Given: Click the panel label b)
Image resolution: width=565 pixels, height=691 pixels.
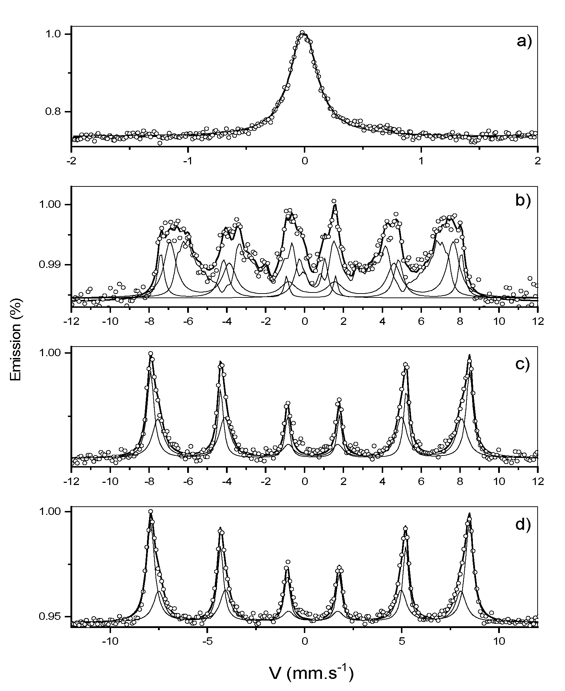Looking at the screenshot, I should pos(523,201).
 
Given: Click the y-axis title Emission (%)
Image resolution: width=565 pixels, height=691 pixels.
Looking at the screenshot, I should pos(16,339).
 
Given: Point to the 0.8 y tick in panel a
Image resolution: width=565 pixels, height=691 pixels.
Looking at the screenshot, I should pos(53,112).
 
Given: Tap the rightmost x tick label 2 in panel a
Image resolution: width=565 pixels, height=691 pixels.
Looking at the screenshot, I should pos(538,160).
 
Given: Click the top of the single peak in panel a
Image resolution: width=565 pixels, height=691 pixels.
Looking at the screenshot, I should pos(302,33).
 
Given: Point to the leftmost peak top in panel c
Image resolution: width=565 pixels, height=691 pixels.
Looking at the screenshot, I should pos(151,354).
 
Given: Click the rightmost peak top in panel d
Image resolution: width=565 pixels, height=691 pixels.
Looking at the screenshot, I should pos(469,515).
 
